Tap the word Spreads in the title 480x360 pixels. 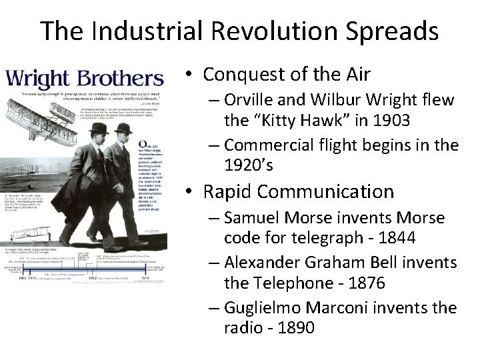[391, 31]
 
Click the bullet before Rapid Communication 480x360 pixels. [189, 193]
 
